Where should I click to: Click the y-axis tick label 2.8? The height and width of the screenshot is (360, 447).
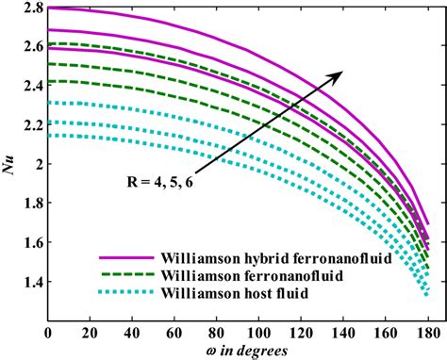pyautogui.click(x=32, y=8)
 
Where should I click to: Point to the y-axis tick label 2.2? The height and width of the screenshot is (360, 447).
pyautogui.click(x=32, y=124)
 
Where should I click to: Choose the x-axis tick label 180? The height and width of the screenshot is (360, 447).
pyautogui.click(x=429, y=334)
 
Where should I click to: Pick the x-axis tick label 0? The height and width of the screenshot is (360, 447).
pyautogui.click(x=48, y=334)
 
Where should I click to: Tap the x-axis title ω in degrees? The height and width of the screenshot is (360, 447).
pyautogui.click(x=240, y=351)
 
